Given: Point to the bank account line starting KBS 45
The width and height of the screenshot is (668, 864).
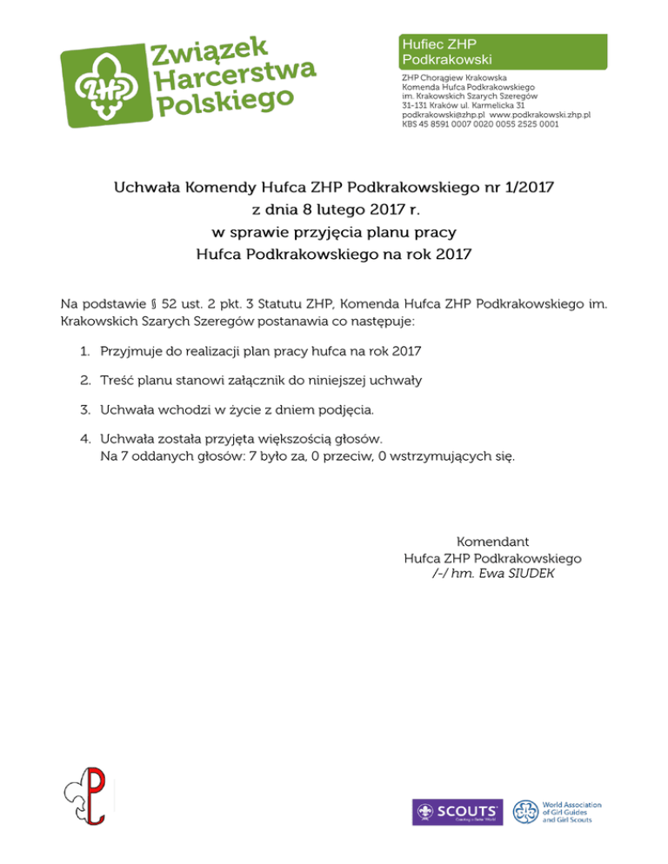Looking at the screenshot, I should tap(480, 124).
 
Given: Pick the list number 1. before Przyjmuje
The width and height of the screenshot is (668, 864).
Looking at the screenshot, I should tap(84, 352).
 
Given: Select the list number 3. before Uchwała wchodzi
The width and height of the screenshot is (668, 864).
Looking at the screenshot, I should tap(84, 409).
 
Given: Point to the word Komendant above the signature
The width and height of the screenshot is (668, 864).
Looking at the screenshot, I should tap(493, 542).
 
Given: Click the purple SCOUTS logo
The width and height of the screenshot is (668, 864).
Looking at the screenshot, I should tap(457, 812).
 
